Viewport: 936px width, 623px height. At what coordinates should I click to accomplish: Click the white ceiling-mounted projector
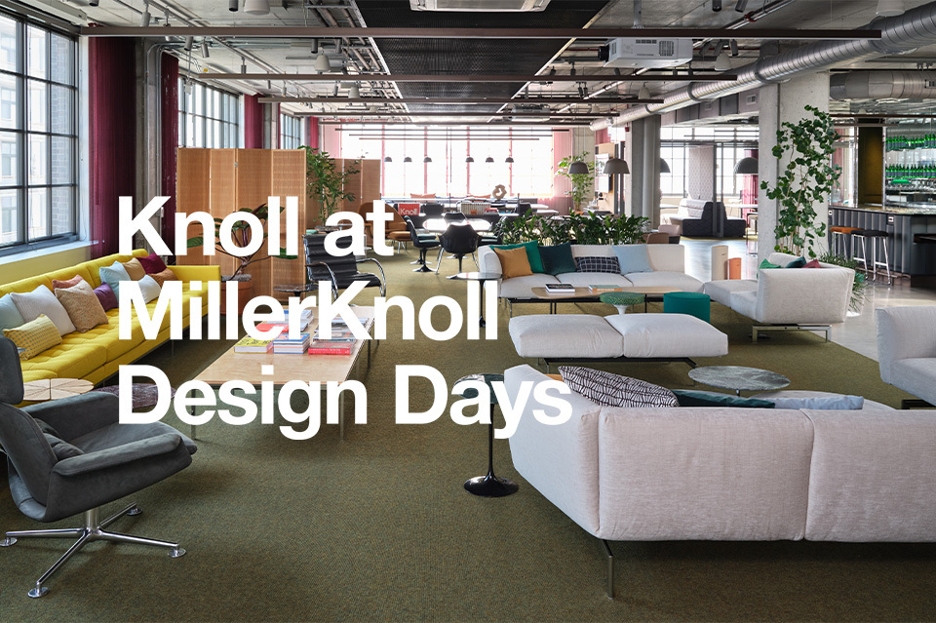645,52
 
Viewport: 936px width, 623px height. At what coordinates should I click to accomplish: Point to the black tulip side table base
490,486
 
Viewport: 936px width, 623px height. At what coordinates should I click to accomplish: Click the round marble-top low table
738,379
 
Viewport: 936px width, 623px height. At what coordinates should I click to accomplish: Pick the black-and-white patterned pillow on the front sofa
616,387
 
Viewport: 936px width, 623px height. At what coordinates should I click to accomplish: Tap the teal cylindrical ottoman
686,306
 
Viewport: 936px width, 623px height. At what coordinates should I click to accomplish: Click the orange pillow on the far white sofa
513,261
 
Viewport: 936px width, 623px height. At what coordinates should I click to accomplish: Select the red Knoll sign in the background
409,210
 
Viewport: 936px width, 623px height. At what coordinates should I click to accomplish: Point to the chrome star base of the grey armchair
93,542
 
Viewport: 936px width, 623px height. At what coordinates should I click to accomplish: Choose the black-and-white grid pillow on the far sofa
598,264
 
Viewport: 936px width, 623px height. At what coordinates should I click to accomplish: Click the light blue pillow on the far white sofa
633,259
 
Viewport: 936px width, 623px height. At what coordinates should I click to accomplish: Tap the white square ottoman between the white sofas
618,335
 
